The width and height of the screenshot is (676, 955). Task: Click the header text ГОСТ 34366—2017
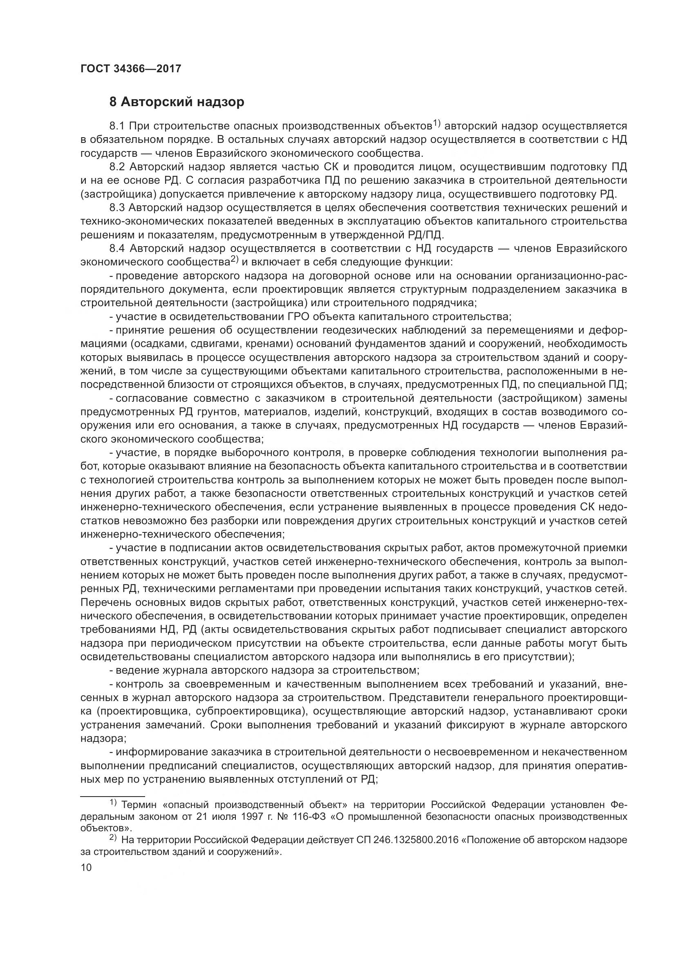pyautogui.click(x=131, y=69)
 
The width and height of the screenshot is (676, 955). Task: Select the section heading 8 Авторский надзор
pyautogui.click(x=177, y=102)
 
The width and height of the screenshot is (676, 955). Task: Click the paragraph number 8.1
pyautogui.click(x=117, y=126)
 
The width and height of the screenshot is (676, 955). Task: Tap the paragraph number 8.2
pyautogui.click(x=117, y=167)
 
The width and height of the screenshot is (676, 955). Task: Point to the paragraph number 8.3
pyautogui.click(x=117, y=207)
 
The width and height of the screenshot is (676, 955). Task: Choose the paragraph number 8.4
pyautogui.click(x=117, y=248)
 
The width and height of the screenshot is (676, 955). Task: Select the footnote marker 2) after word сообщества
pyautogui.click(x=234, y=260)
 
